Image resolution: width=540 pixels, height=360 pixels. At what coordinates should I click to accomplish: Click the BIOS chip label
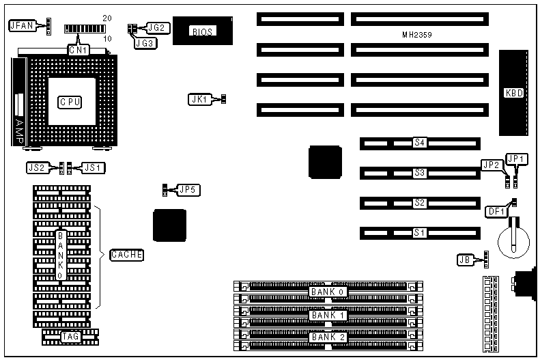pos(202,31)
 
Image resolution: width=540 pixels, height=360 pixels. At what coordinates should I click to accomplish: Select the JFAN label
pos(21,26)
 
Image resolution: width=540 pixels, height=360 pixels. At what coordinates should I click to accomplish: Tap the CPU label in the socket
pos(70,102)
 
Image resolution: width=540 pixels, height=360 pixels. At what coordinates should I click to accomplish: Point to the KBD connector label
pos(513,93)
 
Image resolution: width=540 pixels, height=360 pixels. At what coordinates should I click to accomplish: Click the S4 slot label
pos(420,143)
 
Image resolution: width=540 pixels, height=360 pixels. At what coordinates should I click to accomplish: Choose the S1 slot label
pos(420,233)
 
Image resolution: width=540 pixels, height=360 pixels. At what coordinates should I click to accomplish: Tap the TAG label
pos(70,337)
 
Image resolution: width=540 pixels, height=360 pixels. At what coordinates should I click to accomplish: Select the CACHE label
pos(126,255)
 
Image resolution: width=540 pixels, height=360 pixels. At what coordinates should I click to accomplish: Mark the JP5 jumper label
pos(189,189)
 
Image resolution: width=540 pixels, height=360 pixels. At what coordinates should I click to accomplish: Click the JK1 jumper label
pos(199,99)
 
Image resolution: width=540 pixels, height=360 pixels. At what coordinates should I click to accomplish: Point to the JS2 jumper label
pos(36,167)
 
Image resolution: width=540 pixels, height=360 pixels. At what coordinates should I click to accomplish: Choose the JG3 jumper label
pos(145,42)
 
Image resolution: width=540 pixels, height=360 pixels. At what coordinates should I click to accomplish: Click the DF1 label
pos(496,211)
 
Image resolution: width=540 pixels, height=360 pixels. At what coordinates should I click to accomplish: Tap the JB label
pos(464,259)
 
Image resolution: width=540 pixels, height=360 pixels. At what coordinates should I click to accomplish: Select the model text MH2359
pos(417,34)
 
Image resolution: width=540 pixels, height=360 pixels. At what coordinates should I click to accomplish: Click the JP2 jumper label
pos(492,165)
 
